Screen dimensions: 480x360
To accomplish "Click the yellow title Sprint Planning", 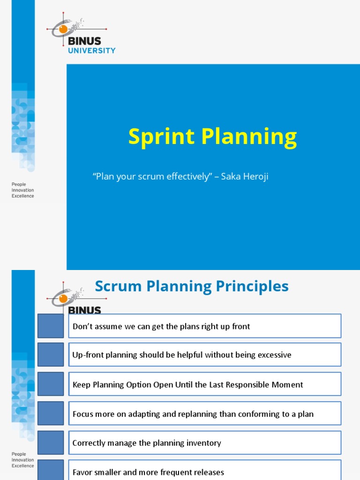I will coord(212,137).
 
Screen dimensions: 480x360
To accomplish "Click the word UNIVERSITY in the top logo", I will coord(92,50).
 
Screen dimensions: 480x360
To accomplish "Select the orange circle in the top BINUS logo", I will coord(63,29).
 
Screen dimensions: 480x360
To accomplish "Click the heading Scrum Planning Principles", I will coord(192,286).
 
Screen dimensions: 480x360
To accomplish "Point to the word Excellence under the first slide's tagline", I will coord(23,196).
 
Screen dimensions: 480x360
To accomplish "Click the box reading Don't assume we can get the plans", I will coord(205,326).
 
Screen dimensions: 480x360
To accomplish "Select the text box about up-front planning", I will coord(205,355).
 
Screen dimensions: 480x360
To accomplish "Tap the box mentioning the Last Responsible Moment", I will coord(205,384).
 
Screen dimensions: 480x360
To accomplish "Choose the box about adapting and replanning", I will coord(205,414).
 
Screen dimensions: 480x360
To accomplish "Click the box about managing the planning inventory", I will coord(205,443).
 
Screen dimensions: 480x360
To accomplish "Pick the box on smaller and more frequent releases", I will coord(205,471).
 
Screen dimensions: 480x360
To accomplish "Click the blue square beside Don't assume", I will coord(51,326).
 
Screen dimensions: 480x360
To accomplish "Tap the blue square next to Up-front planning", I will coord(51,355).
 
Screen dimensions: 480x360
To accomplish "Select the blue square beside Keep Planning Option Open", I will coord(51,384).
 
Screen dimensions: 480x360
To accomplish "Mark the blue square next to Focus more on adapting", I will coord(51,414).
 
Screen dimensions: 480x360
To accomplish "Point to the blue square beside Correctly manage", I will coord(51,443).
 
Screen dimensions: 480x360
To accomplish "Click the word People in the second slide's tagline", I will coord(19,454).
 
